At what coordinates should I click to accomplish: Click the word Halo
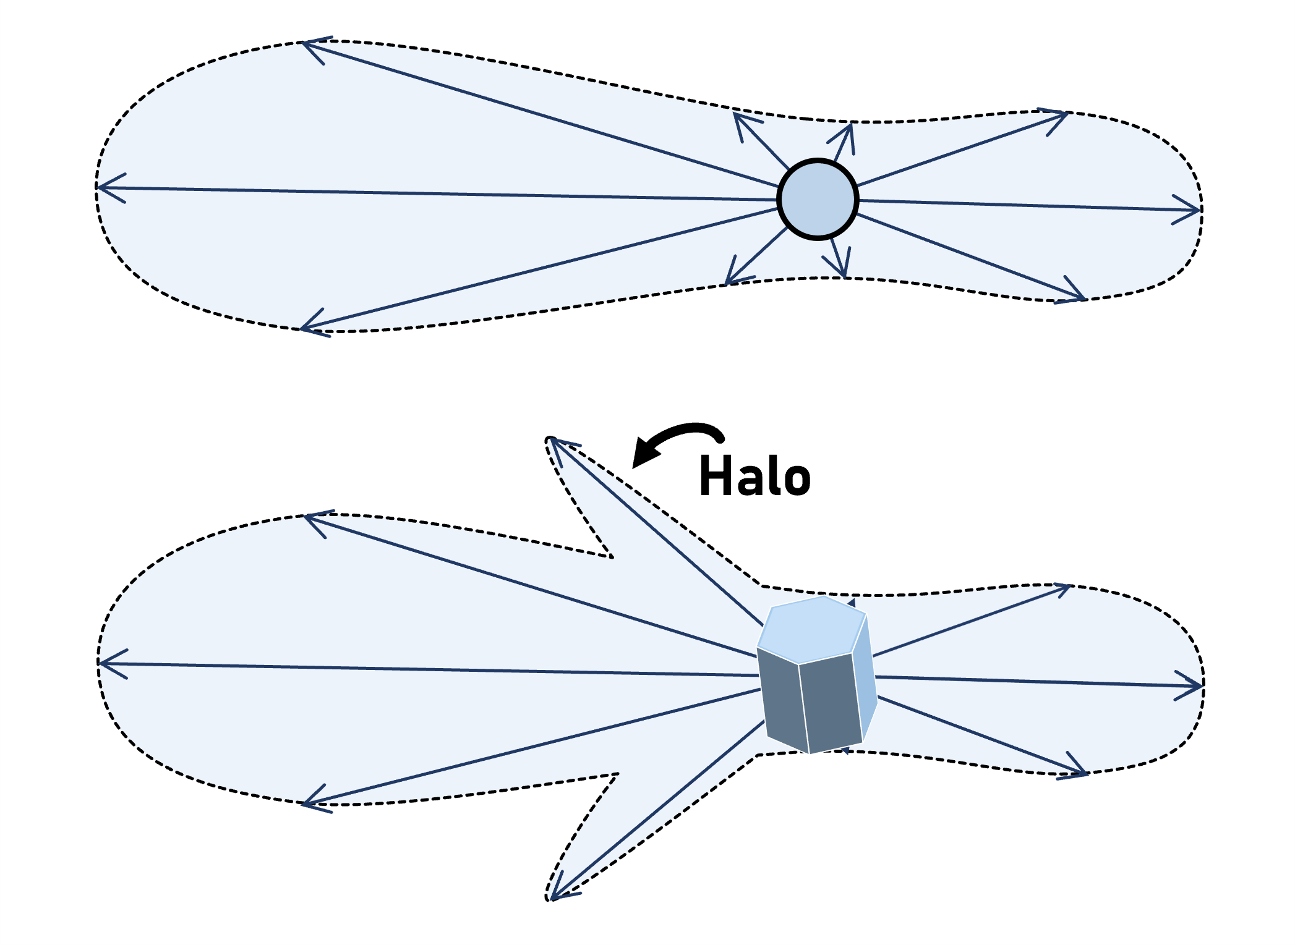point(754,476)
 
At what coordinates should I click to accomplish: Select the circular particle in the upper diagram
point(818,199)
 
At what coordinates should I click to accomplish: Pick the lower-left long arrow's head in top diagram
point(303,328)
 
